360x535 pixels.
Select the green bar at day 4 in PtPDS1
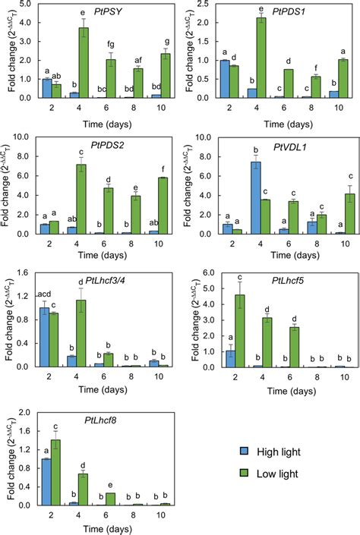[262, 57]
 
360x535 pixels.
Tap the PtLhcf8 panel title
[84, 419]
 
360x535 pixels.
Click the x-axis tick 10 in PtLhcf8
[158, 516]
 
